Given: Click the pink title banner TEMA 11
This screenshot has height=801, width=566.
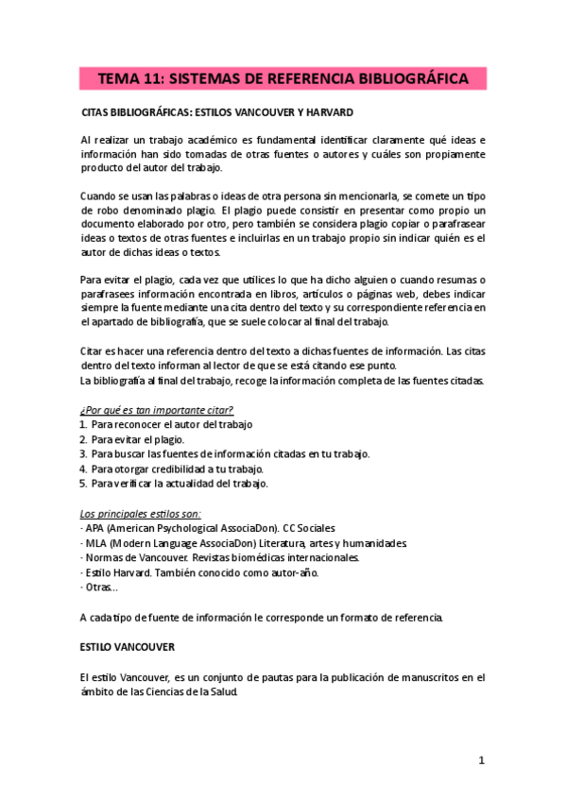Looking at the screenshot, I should coord(283,80).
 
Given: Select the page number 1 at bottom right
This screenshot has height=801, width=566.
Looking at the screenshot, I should coord(481,759).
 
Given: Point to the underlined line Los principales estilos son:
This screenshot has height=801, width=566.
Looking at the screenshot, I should coord(134,513).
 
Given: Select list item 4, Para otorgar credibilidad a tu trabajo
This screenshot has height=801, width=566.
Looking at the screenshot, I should coord(177,469).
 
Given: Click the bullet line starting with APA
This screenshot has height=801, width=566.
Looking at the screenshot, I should coord(209,528).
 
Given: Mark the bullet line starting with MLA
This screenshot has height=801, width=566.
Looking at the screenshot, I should coord(246,543).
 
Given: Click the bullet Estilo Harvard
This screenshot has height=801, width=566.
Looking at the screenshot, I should coord(201,573).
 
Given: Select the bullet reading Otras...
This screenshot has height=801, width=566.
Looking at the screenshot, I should coord(100,588).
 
